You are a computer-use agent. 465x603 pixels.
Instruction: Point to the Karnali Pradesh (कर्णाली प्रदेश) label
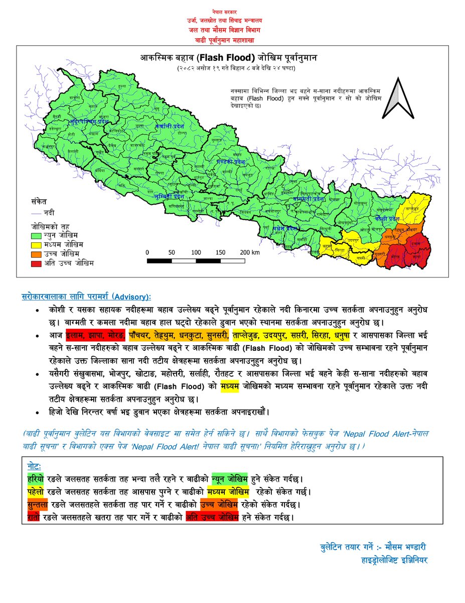coord(170,126)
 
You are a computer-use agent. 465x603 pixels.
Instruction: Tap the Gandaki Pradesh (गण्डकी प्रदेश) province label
coord(230,162)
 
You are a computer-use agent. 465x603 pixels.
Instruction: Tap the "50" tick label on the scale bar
coord(172,252)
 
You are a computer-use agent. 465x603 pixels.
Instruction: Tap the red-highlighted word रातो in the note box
coord(35,516)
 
